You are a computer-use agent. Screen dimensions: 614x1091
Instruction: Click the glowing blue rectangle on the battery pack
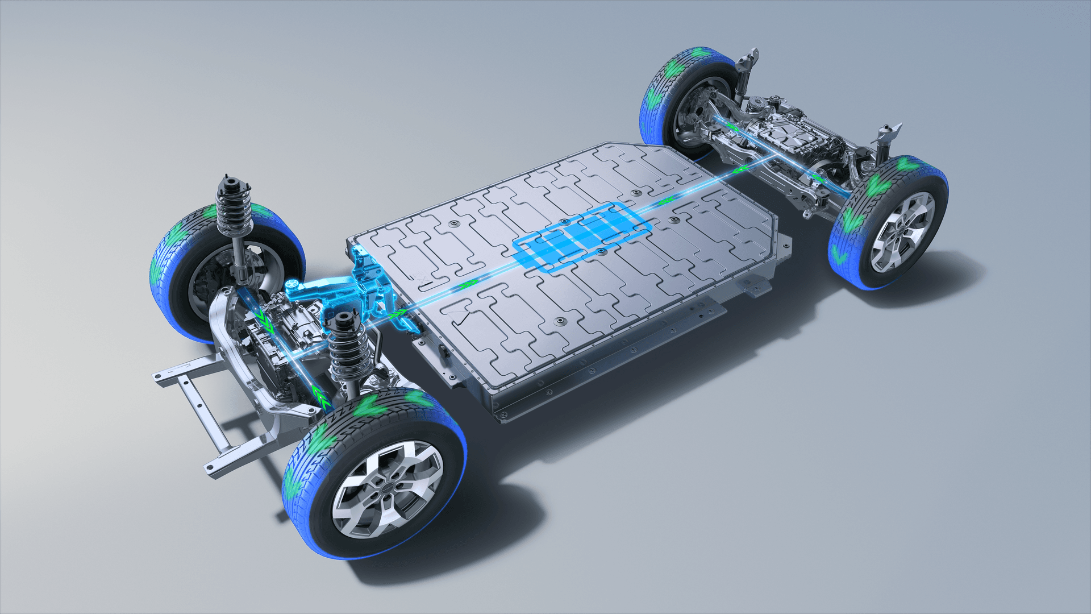582,237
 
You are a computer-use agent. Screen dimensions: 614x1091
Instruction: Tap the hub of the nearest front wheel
388,488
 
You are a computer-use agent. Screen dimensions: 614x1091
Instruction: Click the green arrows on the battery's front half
469,283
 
